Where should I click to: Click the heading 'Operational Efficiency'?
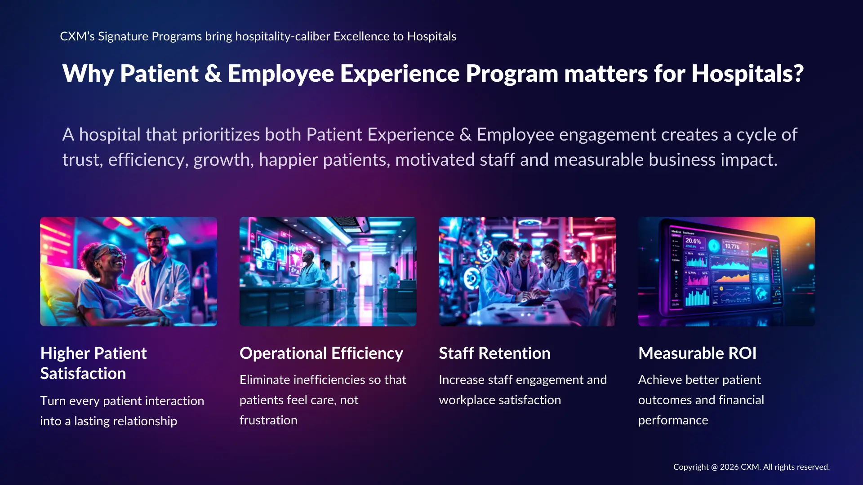click(321, 353)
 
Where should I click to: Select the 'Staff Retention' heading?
click(494, 353)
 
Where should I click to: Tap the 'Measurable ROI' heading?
click(697, 353)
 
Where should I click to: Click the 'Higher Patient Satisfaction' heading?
click(93, 363)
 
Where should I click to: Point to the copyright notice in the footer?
click(751, 467)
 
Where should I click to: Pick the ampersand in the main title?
click(213, 74)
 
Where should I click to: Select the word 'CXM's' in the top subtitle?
click(77, 36)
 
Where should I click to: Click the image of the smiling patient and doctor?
click(129, 272)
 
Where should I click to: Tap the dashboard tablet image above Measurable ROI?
click(726, 272)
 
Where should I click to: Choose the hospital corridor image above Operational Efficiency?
click(328, 272)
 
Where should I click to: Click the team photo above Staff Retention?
click(527, 272)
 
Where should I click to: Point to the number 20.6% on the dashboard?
click(693, 241)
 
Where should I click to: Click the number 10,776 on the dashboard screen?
click(732, 247)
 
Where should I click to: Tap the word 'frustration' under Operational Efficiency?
click(268, 420)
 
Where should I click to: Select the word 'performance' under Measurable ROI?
click(673, 420)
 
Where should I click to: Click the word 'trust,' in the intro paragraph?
click(83, 160)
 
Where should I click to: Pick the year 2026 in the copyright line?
click(730, 467)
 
